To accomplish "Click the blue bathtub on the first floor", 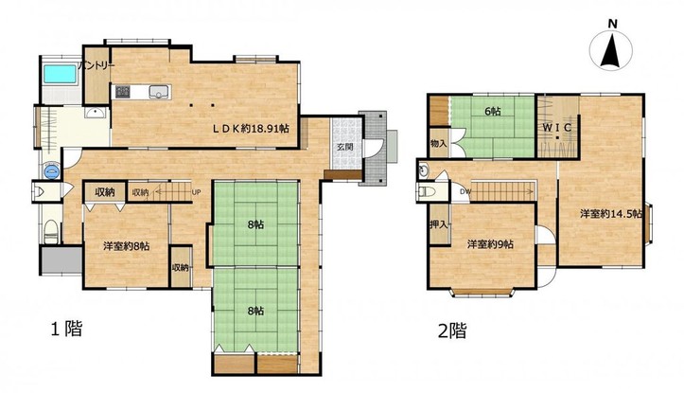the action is [x=61, y=74].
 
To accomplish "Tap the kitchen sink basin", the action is [x=158, y=92].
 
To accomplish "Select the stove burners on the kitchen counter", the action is [x=122, y=92].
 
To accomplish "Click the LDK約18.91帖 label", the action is [x=251, y=129].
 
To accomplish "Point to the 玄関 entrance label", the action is [x=345, y=147].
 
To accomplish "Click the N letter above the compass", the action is [x=612, y=25].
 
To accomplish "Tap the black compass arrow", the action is [x=610, y=51].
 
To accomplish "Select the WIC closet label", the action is [x=557, y=128].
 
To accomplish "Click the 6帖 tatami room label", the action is [x=493, y=112].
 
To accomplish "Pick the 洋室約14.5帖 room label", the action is [x=611, y=214].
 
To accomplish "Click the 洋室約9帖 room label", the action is [x=490, y=244].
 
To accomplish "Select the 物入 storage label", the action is [x=438, y=143].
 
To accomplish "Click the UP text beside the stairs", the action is [x=196, y=191].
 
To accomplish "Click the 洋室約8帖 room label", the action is [x=127, y=246].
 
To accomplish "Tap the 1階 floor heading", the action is [x=67, y=329].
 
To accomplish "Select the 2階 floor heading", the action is [x=452, y=330].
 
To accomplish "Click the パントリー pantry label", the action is [x=96, y=65].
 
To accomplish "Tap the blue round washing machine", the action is [x=51, y=171].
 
